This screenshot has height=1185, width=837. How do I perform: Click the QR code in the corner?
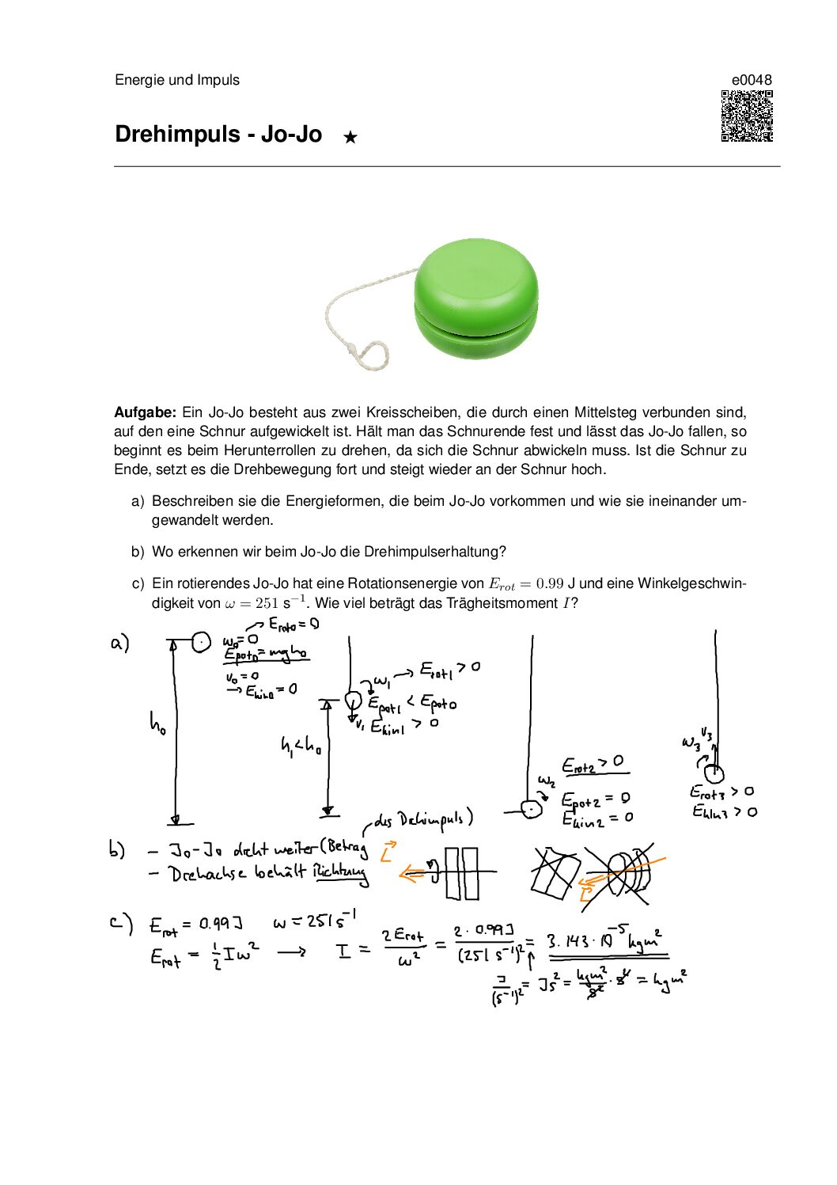click(746, 116)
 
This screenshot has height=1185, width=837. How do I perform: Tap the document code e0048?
click(752, 80)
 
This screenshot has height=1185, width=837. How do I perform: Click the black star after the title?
click(350, 137)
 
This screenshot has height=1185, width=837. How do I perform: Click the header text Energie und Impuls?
click(177, 80)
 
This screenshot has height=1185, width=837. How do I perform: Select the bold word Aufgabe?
click(145, 412)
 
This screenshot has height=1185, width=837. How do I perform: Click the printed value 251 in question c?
click(267, 603)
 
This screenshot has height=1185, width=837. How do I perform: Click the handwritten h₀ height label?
click(157, 724)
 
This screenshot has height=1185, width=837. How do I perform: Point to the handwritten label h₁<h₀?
click(301, 745)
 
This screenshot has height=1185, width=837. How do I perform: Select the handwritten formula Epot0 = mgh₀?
click(265, 654)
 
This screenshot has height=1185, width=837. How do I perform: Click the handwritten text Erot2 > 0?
click(593, 764)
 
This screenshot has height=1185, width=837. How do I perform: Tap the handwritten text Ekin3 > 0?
click(724, 811)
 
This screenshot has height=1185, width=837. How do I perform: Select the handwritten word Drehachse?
click(207, 874)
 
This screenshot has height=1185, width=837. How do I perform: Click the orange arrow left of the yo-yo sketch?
click(413, 874)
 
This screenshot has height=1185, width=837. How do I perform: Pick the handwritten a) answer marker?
click(119, 643)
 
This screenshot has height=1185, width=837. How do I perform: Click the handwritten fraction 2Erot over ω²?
click(403, 948)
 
